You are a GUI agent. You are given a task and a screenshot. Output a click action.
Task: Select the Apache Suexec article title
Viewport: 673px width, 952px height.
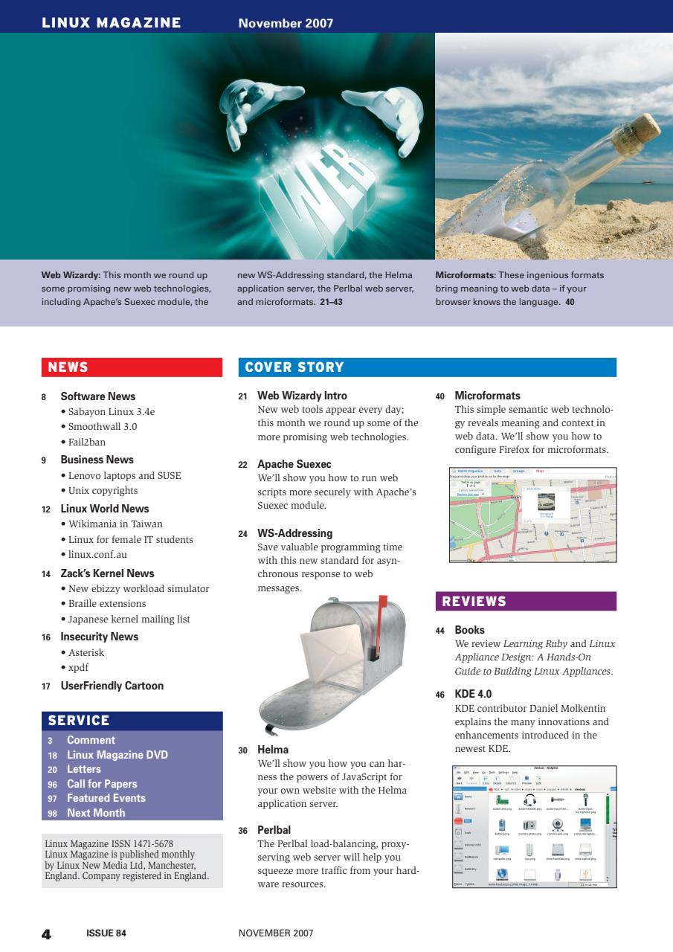point(294,464)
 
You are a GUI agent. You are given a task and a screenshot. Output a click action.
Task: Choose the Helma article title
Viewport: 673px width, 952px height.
point(273,750)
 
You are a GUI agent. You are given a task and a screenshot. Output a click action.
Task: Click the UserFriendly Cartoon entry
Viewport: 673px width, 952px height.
point(112,686)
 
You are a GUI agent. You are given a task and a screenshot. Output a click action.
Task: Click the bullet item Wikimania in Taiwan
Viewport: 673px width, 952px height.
point(115,524)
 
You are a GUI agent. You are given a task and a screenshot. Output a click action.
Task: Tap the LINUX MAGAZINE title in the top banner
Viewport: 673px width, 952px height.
point(112,23)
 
